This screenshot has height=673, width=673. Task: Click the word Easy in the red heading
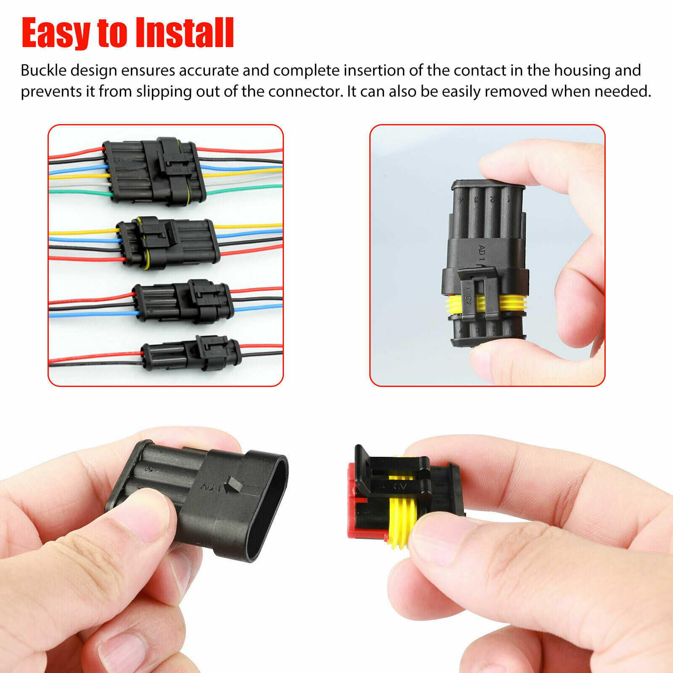point(56,33)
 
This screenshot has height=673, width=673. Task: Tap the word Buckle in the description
point(44,70)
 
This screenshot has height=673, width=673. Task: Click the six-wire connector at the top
point(154,172)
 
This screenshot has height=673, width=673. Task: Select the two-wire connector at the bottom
point(191,353)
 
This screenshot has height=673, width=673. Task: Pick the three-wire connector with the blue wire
point(183,301)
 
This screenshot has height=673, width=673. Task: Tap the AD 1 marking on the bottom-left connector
point(211,487)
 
